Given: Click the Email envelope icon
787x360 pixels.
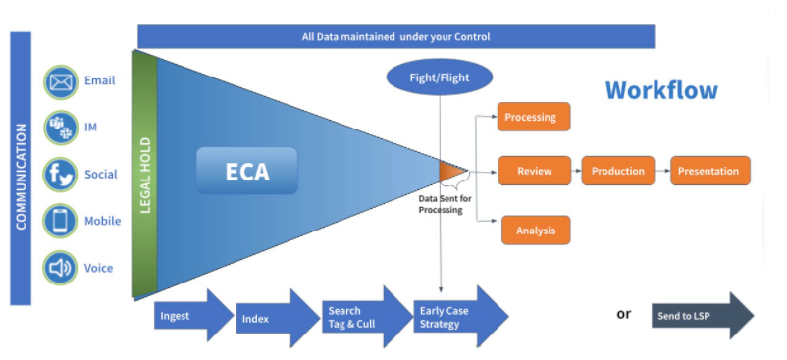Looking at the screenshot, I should [61, 81].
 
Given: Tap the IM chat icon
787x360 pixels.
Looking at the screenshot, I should [61, 128].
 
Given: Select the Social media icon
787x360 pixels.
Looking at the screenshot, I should [61, 175].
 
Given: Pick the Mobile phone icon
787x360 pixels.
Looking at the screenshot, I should [61, 221].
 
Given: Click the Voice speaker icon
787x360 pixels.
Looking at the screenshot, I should [61, 267].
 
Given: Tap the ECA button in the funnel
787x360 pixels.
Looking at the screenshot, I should [246, 172].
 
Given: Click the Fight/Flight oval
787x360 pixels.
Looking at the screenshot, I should [440, 77].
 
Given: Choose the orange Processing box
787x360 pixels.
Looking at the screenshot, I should [533, 118].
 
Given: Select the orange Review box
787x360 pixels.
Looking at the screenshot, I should [534, 171].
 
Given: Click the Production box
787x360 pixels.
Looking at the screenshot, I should [618, 171].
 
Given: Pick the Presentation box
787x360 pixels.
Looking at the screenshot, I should [709, 171].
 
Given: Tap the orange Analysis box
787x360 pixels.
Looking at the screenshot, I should [534, 231].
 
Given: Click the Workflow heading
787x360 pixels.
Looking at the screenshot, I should [660, 90].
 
